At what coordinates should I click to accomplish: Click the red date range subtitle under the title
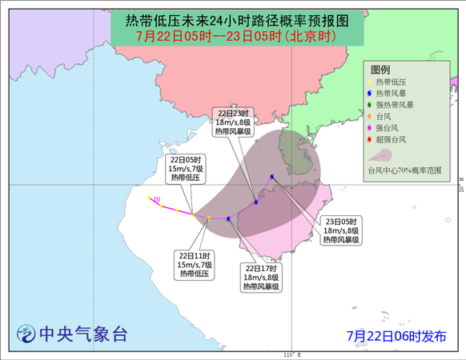[236, 37]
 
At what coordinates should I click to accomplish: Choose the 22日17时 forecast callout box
[263, 277]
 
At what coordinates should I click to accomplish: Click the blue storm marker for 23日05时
[273, 177]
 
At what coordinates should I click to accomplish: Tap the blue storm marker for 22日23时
[255, 202]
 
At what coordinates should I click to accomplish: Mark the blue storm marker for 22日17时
[229, 218]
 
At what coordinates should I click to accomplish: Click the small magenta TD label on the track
[157, 198]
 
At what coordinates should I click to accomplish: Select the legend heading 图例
[381, 70]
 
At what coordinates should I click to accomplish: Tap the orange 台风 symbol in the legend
[369, 116]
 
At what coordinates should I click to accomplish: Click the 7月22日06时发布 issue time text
[397, 335]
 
